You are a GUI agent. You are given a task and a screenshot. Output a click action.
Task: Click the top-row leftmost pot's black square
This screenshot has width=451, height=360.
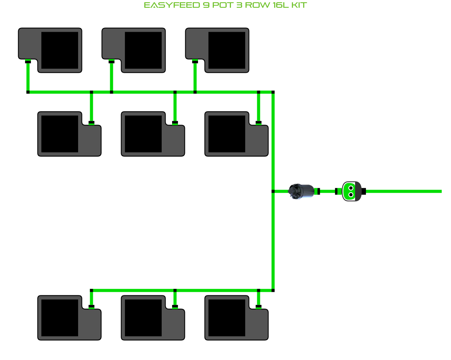tap(60, 50)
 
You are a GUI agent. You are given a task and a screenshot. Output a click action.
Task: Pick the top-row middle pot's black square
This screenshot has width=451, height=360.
tap(143, 50)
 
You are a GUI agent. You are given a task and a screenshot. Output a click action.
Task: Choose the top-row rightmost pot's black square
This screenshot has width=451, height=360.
tap(227, 50)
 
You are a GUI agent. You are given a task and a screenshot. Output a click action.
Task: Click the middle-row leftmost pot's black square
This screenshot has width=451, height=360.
tap(60, 134)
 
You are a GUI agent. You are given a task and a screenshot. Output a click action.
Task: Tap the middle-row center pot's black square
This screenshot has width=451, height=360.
tap(143, 134)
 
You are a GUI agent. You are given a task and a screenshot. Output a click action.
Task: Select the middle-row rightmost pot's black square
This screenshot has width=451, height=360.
tap(227, 134)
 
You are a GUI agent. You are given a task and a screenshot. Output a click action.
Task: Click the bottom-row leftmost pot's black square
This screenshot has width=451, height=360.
tap(60, 318)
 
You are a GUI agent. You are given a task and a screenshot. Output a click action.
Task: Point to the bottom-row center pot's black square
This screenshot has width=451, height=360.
tap(143, 318)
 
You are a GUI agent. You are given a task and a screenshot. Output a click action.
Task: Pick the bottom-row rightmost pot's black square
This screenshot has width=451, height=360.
tap(227, 318)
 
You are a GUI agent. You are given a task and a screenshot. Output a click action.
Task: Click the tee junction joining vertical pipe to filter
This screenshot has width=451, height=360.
tap(273, 191)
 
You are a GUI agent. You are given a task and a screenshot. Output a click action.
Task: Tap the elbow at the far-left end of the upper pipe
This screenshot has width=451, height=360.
tap(28, 92)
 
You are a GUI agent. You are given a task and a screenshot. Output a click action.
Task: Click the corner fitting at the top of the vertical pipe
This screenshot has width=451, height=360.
tap(273, 92)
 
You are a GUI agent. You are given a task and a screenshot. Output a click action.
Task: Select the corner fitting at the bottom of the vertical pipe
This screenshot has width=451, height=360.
tap(273, 290)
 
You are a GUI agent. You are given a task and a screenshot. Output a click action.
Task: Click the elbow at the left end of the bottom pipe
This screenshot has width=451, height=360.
tap(91, 290)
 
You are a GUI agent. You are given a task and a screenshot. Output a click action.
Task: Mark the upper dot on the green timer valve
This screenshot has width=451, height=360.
tap(350, 188)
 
